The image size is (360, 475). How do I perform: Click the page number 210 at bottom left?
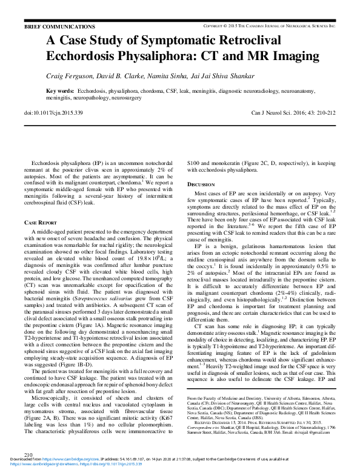(28, 454)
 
